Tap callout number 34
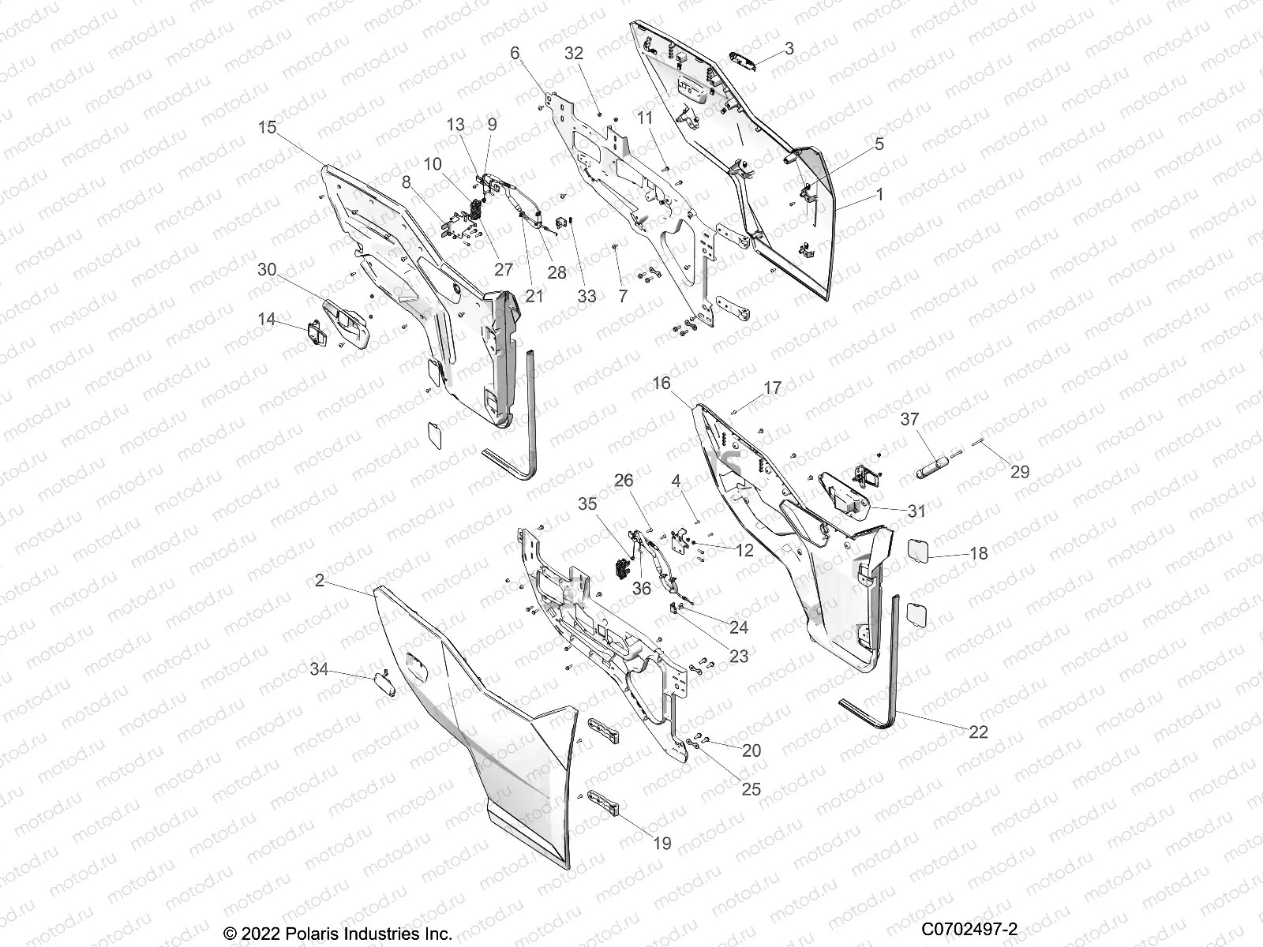point(319,670)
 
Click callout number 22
point(977,732)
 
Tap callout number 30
point(268,269)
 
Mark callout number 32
point(574,53)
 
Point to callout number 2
point(319,581)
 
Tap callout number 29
point(1019,472)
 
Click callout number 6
point(515,53)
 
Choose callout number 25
point(751,789)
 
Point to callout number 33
point(587,297)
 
